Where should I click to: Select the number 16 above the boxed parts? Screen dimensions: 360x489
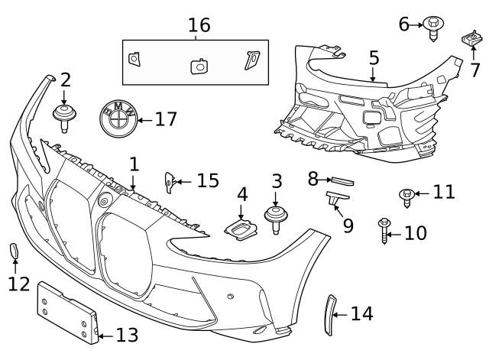tap(199, 25)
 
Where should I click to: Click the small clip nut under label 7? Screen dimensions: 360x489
tap(471, 38)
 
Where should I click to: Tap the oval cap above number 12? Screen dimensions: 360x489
tap(15, 251)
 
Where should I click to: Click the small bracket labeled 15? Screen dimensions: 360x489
tap(170, 182)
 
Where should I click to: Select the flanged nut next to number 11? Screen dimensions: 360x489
tap(407, 196)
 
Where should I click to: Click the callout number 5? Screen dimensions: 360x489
tap(373, 57)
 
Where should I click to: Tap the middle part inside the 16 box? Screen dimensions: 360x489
tap(199, 66)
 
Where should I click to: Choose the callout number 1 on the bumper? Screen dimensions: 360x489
tap(134, 164)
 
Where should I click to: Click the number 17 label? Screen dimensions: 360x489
tap(165, 119)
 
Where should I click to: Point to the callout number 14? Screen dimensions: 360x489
tap(361, 313)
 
